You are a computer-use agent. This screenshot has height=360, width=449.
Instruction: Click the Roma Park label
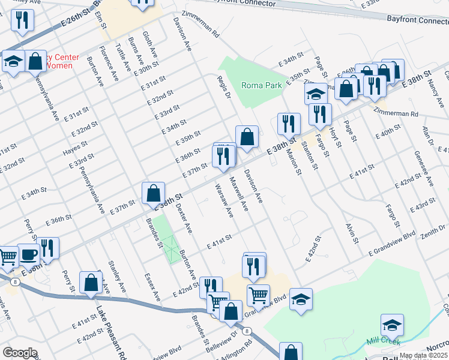click(262, 85)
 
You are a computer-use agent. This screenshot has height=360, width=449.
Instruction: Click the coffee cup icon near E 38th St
click(28, 254)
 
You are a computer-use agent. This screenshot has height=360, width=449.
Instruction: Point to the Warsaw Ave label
click(224, 200)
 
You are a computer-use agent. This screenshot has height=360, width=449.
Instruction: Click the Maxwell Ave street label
click(240, 193)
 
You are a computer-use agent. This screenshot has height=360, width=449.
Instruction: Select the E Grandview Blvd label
click(393, 245)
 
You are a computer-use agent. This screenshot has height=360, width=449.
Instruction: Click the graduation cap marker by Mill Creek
click(393, 325)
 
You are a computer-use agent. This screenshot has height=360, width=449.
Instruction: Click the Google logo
click(20, 353)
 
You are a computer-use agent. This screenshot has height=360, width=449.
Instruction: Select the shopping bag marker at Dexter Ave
click(154, 193)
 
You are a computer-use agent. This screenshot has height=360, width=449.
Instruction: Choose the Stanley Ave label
click(116, 276)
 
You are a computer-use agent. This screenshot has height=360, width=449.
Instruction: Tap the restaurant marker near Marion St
click(289, 124)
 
